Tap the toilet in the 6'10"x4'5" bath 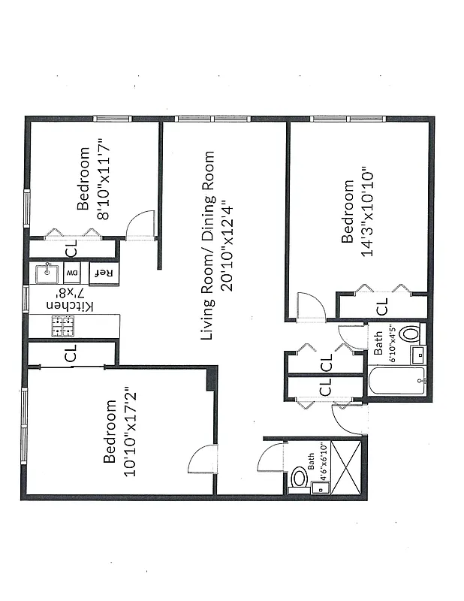(x=409, y=333)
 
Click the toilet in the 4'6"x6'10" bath (x=300, y=477)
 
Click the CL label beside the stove (x=71, y=353)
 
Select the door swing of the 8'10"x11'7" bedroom (x=141, y=225)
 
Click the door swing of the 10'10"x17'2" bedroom (x=203, y=459)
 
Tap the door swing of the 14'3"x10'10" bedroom (x=309, y=307)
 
